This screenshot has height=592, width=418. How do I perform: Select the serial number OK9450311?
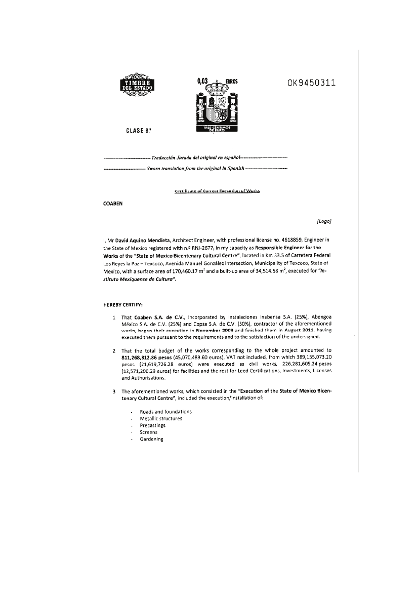pos(312,83)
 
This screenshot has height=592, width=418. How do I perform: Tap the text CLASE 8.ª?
pos(138,131)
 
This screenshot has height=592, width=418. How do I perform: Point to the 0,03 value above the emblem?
pos(203,81)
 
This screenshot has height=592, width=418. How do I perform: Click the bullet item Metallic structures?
pos(161,418)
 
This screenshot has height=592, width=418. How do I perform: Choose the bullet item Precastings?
pos(152,425)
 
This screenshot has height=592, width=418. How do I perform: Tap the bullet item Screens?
pos(148,432)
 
